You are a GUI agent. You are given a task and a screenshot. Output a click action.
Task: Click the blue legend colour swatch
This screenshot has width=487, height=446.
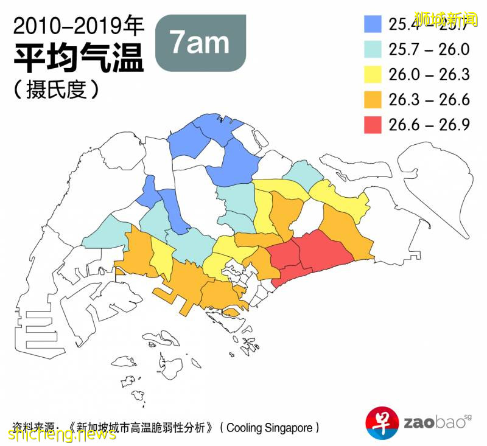click(x=372, y=24)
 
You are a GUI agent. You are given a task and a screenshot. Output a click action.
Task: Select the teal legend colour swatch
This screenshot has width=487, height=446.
click(x=372, y=49)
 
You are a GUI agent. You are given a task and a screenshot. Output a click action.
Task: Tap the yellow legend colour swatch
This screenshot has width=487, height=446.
click(x=372, y=74)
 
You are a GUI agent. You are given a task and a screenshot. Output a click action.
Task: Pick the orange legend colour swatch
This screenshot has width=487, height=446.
click(x=372, y=99)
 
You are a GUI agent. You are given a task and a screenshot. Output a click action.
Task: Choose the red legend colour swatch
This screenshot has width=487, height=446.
click(x=372, y=124)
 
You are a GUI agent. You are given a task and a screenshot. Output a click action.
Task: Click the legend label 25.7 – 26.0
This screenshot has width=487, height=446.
click(x=429, y=49)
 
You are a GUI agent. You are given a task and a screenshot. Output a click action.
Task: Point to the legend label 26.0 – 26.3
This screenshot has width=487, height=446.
click(x=429, y=74)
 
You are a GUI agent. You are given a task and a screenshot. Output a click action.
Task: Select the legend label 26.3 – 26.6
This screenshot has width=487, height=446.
click(x=429, y=99)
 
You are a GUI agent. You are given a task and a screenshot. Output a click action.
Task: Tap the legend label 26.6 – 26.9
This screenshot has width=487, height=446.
click(x=429, y=124)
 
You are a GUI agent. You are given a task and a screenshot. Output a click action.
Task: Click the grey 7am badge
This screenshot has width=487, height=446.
click(x=200, y=42)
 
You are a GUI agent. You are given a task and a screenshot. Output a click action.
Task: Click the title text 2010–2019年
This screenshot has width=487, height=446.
click(x=79, y=26)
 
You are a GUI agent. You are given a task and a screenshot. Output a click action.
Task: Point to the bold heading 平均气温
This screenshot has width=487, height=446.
click(x=79, y=59)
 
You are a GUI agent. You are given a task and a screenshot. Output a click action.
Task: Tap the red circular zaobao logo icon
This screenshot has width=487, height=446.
click(x=382, y=422)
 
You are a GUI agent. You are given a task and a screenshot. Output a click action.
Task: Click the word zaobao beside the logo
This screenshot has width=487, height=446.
click(x=433, y=422)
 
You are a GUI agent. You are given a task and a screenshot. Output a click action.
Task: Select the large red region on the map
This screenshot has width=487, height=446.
click(x=323, y=250)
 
